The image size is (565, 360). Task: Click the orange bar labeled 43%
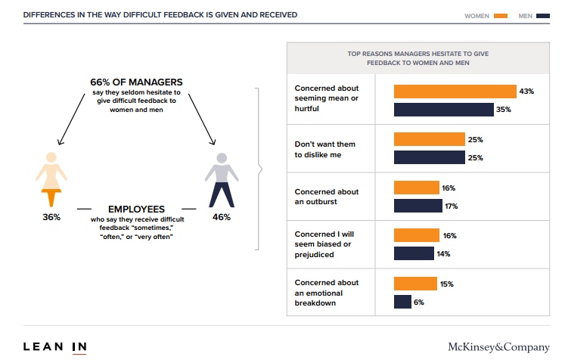[455, 92]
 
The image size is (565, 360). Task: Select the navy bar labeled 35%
[443, 110]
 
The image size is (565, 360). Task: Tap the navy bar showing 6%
[402, 302]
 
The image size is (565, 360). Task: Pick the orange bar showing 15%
[415, 284]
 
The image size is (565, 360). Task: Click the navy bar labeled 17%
[418, 206]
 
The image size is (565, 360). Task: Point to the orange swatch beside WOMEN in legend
[500, 15]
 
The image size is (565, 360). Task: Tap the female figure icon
[51, 179]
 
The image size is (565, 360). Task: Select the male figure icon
[221, 180]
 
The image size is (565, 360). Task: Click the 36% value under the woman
[51, 217]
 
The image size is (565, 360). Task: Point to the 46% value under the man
[221, 217]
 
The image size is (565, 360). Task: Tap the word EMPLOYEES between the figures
[136, 208]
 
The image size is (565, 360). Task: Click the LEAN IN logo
[54, 347]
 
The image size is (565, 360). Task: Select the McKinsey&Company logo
[498, 347]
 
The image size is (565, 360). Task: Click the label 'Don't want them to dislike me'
[325, 149]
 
